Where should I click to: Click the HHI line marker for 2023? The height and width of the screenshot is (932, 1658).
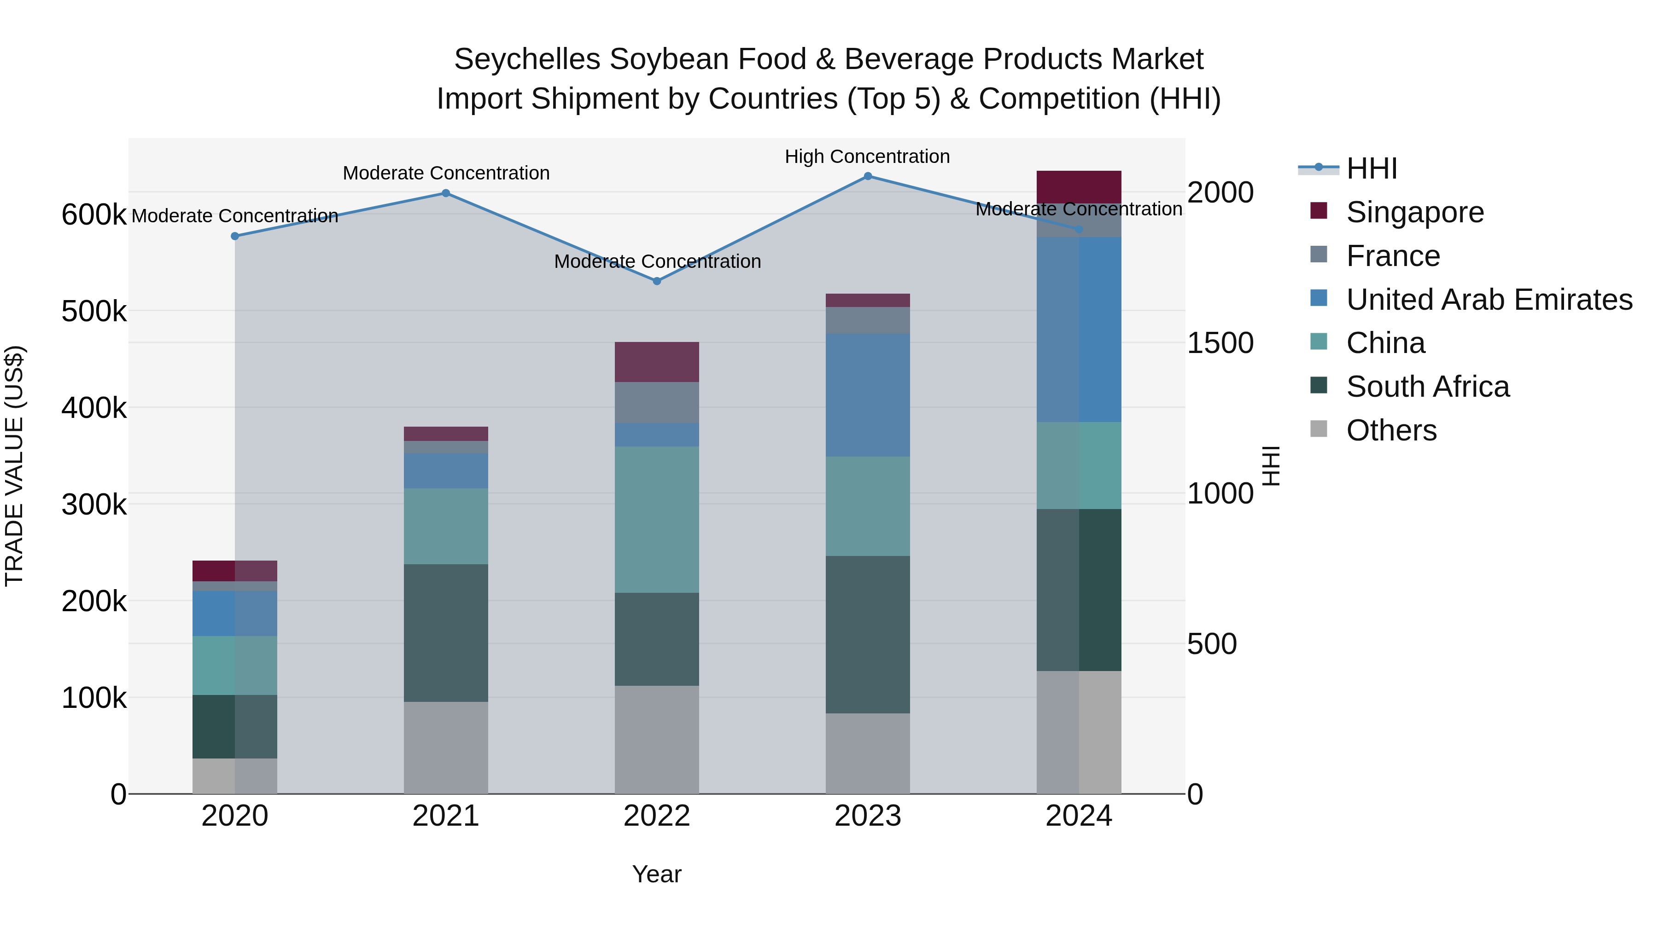(868, 176)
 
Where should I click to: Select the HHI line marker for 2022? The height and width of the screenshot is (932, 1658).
(656, 281)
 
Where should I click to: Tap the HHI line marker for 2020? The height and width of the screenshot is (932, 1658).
(235, 236)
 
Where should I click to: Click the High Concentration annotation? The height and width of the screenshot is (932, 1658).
(867, 156)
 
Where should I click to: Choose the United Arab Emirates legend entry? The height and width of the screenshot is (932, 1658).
(1489, 300)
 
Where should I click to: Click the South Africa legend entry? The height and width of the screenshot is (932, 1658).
(1427, 387)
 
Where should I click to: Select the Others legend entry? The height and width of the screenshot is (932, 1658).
(1391, 430)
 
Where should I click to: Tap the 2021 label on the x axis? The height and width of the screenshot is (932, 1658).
(445, 816)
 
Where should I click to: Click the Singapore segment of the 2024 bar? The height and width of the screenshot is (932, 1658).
(1079, 187)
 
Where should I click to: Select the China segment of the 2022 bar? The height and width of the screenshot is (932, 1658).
(656, 520)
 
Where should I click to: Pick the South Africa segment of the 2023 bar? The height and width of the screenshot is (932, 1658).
(868, 634)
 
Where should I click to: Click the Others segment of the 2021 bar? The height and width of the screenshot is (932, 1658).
(445, 747)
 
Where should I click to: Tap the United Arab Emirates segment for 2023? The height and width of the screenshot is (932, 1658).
(868, 395)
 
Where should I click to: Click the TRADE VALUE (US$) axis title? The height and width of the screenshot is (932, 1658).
(14, 466)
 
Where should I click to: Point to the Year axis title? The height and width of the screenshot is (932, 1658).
(656, 874)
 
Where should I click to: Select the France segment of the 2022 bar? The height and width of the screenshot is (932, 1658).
(656, 403)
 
